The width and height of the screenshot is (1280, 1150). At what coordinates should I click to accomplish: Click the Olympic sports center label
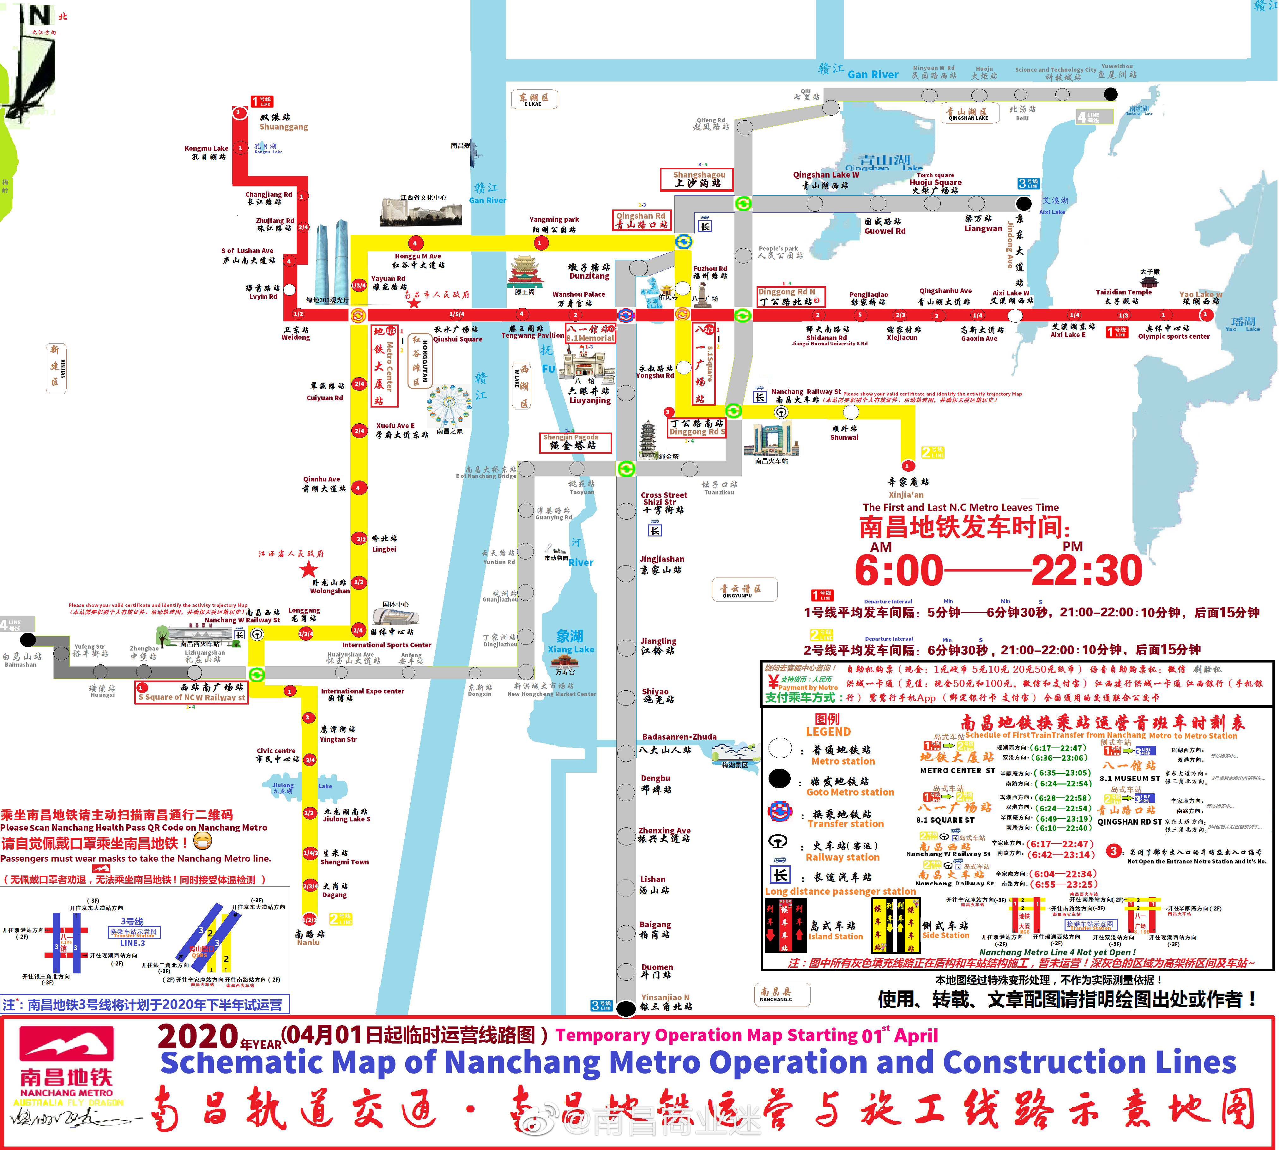(x=1173, y=336)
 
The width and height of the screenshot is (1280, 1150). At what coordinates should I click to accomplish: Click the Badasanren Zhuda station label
(x=679, y=737)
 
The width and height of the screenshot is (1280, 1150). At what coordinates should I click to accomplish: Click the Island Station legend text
(x=835, y=936)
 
